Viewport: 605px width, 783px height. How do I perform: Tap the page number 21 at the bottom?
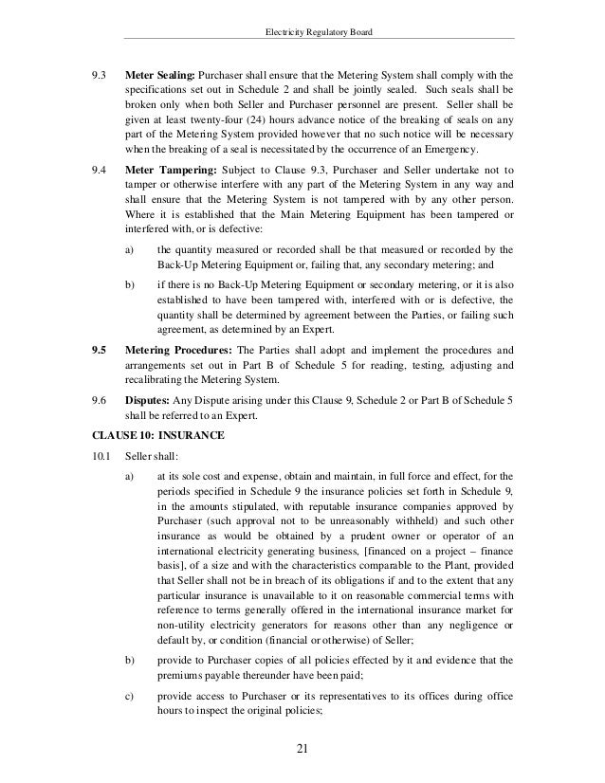pos(302,753)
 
